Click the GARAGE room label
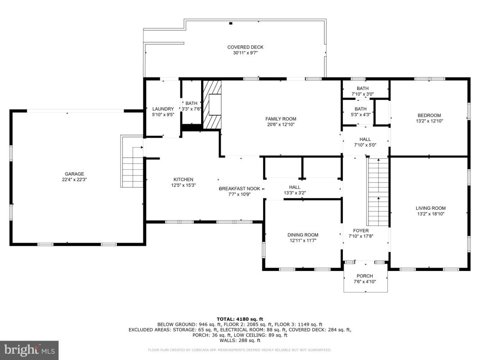coord(74,174)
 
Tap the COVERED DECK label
coord(245,47)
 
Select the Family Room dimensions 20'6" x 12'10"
coord(281,125)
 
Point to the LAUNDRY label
coord(163,109)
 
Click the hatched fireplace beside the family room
coord(212,105)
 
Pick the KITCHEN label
coord(184,180)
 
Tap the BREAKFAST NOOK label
coord(239,189)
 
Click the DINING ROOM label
coord(303,235)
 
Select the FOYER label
coord(361,230)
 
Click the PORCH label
coord(364,276)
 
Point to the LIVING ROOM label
coord(431,208)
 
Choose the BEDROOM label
coord(429,115)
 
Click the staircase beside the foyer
coord(378,192)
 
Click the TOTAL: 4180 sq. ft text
coord(240,319)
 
